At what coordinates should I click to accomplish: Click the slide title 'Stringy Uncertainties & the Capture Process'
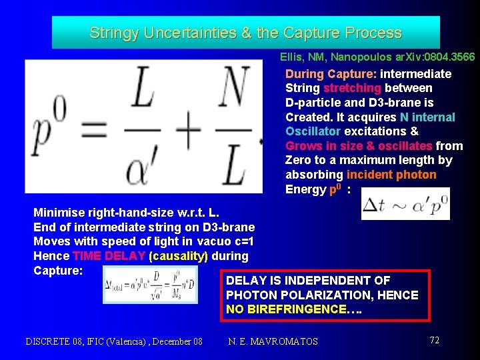point(245,33)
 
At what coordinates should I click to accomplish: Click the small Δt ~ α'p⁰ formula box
point(405,204)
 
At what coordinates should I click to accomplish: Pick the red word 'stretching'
point(352,88)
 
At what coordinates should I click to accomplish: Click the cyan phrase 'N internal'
point(427,117)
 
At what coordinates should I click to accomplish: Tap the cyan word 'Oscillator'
point(313,131)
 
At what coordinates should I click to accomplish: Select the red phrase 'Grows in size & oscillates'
point(359,146)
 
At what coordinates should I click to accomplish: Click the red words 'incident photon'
point(391,175)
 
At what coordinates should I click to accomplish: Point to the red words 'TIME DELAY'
point(109,256)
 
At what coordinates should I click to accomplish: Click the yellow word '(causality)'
point(179,256)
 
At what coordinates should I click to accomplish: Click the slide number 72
point(434,340)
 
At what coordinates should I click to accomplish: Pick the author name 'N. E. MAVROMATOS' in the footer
point(273,341)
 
